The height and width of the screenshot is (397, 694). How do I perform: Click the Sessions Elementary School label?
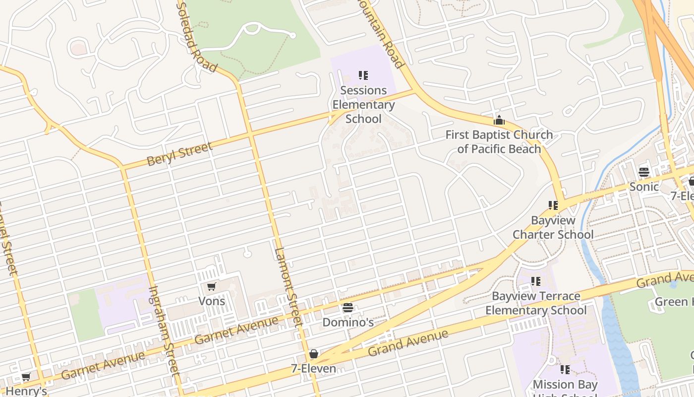(x=363, y=105)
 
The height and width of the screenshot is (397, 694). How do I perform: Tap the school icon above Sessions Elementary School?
(x=363, y=75)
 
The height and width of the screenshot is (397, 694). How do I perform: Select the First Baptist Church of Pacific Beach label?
(x=499, y=142)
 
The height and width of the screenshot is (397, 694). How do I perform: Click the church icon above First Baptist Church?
(x=499, y=120)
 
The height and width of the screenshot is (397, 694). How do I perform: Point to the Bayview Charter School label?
(x=553, y=227)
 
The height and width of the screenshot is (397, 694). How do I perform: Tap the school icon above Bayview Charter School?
(x=553, y=205)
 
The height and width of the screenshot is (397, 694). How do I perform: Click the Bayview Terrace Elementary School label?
(x=536, y=303)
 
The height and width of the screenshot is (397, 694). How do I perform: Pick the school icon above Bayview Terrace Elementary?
(x=536, y=281)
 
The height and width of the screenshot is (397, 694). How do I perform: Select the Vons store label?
(x=212, y=301)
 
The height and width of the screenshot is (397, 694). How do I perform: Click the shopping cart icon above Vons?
(x=212, y=286)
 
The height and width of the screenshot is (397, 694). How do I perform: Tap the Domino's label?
(x=348, y=323)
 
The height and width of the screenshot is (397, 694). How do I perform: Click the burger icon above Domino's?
(x=348, y=308)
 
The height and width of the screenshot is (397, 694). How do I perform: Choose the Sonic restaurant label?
(x=644, y=187)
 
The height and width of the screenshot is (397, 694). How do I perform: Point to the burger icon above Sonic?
(x=644, y=172)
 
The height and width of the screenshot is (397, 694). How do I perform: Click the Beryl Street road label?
(x=179, y=154)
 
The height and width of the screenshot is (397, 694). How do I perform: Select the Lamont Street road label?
(x=288, y=286)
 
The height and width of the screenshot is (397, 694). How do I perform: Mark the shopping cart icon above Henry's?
(x=26, y=377)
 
